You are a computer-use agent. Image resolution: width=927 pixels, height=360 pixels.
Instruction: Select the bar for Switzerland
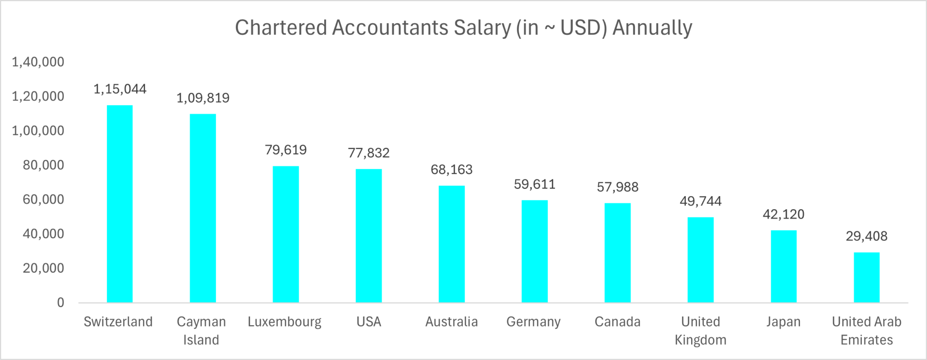click(x=119, y=204)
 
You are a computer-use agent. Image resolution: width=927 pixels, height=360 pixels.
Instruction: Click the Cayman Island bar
click(x=203, y=208)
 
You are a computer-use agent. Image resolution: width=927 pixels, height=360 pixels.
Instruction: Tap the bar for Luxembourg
click(x=286, y=234)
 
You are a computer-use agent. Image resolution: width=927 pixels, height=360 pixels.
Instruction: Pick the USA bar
click(x=368, y=235)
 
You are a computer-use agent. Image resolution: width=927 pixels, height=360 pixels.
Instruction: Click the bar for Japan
click(x=784, y=266)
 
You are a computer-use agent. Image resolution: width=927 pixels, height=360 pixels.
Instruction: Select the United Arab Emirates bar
click(x=866, y=277)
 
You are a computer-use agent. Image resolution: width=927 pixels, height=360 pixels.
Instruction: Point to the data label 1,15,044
click(x=120, y=89)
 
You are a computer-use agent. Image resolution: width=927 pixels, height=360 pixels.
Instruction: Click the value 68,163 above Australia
click(x=451, y=169)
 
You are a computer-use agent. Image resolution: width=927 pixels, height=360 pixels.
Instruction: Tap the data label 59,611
click(x=535, y=184)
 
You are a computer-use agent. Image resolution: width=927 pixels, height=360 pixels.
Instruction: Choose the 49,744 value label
click(x=700, y=201)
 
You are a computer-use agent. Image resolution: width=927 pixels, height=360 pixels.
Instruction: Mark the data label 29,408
click(x=866, y=236)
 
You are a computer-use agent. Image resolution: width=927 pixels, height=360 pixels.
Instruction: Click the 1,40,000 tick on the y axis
click(x=38, y=62)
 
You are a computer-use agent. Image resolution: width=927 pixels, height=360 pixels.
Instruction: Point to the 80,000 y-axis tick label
click(x=43, y=165)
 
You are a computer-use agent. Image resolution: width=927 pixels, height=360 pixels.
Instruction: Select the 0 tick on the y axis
click(x=61, y=302)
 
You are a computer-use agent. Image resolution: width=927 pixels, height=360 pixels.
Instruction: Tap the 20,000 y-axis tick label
click(x=43, y=268)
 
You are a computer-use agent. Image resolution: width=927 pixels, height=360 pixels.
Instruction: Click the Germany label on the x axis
click(x=533, y=322)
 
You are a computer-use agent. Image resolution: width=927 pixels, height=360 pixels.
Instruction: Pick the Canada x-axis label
click(x=617, y=322)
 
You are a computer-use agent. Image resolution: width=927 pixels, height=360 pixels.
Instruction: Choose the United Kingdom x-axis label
click(x=700, y=331)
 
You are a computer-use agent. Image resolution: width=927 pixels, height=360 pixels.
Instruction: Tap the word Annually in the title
click(x=652, y=28)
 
